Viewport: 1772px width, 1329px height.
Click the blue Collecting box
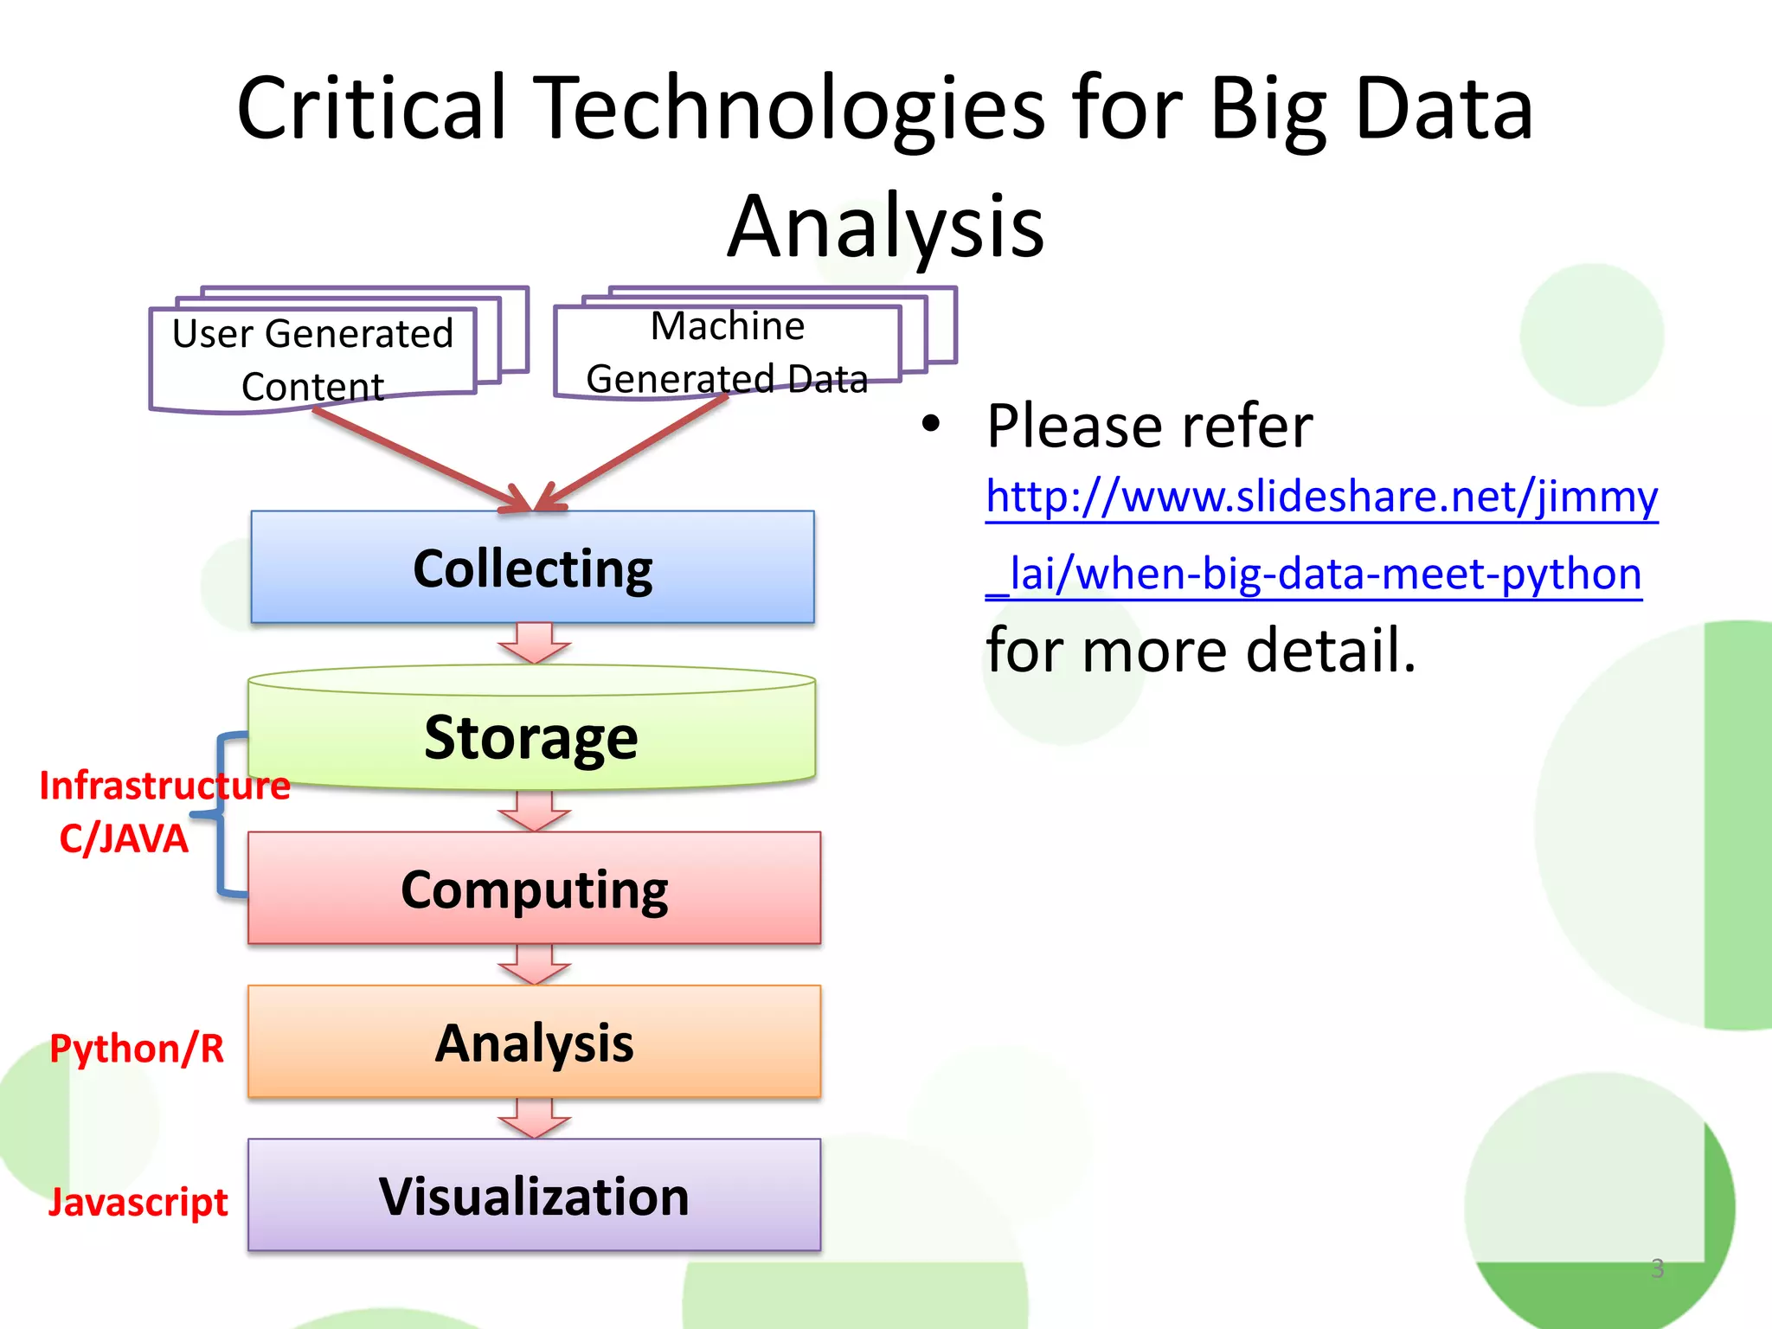tap(532, 568)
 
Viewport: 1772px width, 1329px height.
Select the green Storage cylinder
tap(531, 735)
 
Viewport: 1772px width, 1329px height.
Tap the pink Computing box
tap(534, 889)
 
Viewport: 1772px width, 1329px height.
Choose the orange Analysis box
tap(534, 1042)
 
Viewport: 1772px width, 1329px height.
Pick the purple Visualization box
tap(534, 1195)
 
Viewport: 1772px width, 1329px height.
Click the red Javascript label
tap(138, 1201)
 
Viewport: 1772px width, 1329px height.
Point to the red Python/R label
tap(137, 1048)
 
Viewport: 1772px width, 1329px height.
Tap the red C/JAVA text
tap(124, 838)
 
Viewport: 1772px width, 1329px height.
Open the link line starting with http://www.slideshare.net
tap(1321, 498)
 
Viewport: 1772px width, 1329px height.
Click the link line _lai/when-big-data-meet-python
tap(1313, 574)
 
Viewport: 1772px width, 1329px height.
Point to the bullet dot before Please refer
tap(930, 424)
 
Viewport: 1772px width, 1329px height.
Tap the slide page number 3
tap(1657, 1268)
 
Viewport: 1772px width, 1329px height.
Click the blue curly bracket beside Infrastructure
tap(221, 813)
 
